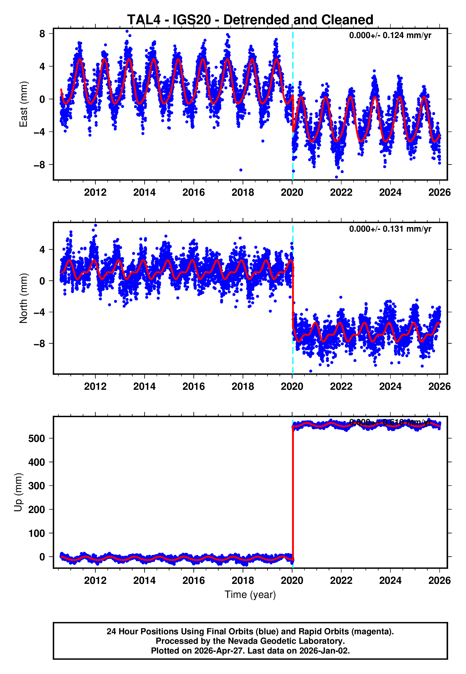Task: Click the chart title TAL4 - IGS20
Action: pyautogui.click(x=250, y=20)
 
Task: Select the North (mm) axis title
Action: pyautogui.click(x=23, y=298)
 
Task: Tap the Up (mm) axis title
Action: pyautogui.click(x=18, y=492)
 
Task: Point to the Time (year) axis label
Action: pyautogui.click(x=250, y=595)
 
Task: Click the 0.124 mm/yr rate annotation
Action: pyautogui.click(x=390, y=35)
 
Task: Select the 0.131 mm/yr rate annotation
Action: pyautogui.click(x=390, y=229)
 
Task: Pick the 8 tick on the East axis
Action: pyautogui.click(x=42, y=34)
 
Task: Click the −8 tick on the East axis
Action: pyautogui.click(x=39, y=165)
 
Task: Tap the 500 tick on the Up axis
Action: pyautogui.click(x=37, y=438)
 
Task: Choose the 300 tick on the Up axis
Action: pyautogui.click(x=37, y=486)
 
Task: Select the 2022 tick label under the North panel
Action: pyautogui.click(x=341, y=386)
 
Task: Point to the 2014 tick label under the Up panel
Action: pyautogui.click(x=144, y=580)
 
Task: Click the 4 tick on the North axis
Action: pyautogui.click(x=42, y=249)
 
